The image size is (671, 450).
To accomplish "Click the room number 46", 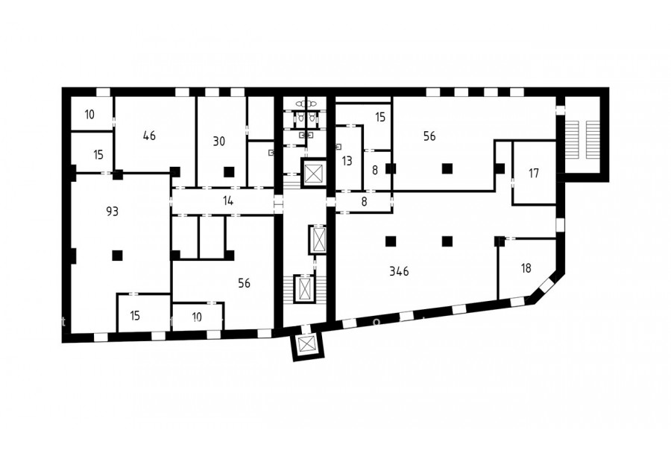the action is click(149, 136).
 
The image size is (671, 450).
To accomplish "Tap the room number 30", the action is click(219, 141).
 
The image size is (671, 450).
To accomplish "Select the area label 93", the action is click(112, 212).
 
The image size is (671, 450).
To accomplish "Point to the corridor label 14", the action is click(228, 200).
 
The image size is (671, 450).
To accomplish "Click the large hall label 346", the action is click(400, 271).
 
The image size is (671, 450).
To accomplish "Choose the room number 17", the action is click(534, 174).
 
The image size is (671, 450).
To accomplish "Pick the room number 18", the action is click(526, 268).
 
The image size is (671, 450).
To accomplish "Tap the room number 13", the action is click(347, 161).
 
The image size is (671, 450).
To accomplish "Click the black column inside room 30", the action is click(230, 171).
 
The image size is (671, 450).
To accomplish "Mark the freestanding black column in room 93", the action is click(117, 256).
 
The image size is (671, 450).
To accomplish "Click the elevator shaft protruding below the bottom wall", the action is click(308, 344).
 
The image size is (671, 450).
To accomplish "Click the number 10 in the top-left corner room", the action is click(89, 115).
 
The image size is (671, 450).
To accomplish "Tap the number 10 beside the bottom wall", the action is click(197, 317).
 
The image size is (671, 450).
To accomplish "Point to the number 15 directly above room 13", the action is click(380, 117).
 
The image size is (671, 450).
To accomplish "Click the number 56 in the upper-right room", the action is click(429, 136).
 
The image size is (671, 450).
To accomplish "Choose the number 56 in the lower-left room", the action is click(245, 283).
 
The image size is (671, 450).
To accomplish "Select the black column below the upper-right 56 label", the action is click(447, 168).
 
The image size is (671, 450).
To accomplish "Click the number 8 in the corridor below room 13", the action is click(364, 201).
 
